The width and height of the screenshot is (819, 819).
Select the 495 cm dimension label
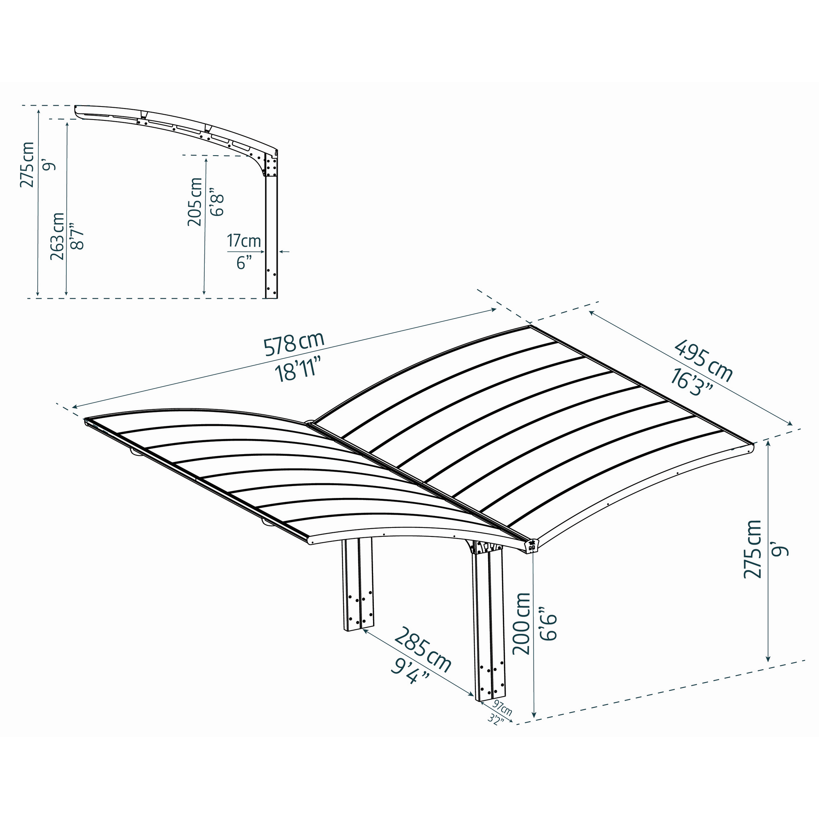pyautogui.click(x=703, y=361)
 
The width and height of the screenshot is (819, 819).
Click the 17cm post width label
pyautogui.click(x=244, y=241)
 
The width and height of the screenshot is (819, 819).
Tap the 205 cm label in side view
pyautogui.click(x=195, y=202)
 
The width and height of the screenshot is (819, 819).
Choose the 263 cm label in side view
pyautogui.click(x=57, y=236)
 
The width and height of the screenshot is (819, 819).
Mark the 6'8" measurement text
pyautogui.click(x=217, y=202)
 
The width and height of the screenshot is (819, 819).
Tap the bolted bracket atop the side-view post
pyautogui.click(x=270, y=165)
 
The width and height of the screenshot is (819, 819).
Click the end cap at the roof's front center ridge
pyautogui.click(x=532, y=546)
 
